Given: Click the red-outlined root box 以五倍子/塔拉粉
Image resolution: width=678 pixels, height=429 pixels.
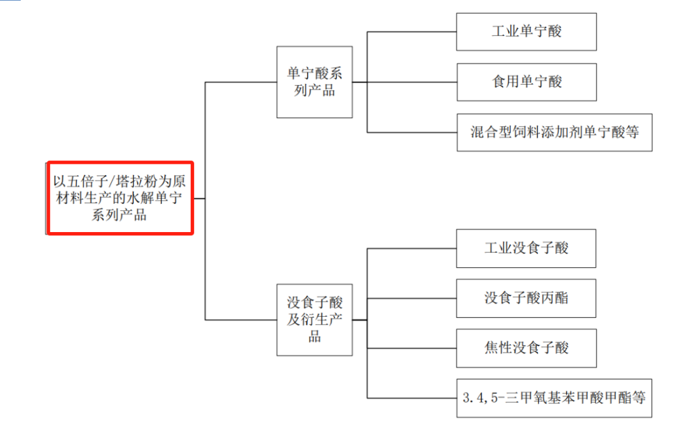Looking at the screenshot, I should point(119,198).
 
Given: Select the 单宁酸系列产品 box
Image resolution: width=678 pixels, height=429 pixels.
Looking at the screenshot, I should point(315,82).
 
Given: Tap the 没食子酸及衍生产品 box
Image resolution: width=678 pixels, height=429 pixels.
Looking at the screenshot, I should point(315,320).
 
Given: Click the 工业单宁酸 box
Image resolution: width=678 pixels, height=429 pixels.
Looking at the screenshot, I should point(526,31).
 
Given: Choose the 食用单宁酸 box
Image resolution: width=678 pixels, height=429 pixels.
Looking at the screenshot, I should point(526,82).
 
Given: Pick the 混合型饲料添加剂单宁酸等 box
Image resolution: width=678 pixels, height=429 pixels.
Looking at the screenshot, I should point(554,132).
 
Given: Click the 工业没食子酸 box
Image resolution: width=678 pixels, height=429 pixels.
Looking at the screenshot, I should point(526,248).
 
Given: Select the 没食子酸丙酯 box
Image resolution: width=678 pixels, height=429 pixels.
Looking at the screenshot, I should point(526,298).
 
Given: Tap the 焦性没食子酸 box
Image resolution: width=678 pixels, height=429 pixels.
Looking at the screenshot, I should point(526,348).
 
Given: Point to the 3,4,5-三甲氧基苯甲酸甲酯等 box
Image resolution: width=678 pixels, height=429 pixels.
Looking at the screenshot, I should point(554,398).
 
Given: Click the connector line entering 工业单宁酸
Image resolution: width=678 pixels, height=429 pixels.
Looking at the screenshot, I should point(411,31).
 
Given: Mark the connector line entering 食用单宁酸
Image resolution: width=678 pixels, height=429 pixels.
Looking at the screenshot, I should point(411,82).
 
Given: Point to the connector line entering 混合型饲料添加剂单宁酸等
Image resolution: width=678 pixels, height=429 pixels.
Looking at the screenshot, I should point(411,132).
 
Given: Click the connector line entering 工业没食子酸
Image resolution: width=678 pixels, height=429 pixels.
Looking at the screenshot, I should point(411,248).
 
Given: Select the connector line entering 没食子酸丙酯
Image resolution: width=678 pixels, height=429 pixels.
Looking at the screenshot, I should point(411,298).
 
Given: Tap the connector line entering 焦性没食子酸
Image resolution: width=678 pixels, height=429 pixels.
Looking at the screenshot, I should point(411,348).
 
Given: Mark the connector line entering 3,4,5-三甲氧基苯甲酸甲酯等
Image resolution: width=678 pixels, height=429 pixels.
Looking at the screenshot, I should point(411,398).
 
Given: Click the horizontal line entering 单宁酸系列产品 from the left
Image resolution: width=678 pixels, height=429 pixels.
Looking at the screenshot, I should point(241,82).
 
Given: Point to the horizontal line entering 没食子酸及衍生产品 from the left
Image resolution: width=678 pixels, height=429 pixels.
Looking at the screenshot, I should point(241,320).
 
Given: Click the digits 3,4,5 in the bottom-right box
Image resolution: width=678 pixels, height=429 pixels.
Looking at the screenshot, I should point(475,398).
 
